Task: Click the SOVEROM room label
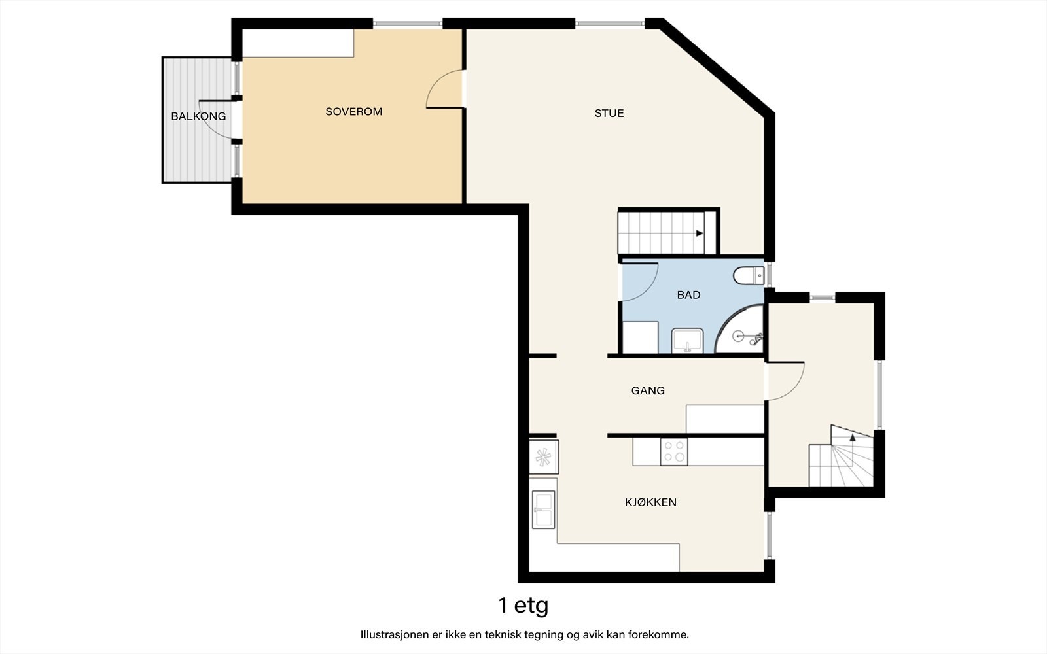pos(354,112)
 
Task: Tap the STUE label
pos(609,113)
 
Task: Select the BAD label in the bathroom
pos(688,295)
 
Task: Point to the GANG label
pos(648,390)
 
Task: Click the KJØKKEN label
pos(650,502)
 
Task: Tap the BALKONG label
pos(198,116)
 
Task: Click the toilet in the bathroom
pos(749,275)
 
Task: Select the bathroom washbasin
pos(687,341)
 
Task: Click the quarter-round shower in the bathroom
pos(739,330)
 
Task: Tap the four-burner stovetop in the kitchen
pos(674,451)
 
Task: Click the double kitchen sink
pos(543,509)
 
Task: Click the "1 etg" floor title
pos(523,606)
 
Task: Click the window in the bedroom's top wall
pos(408,24)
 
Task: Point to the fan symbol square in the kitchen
pos(543,457)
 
